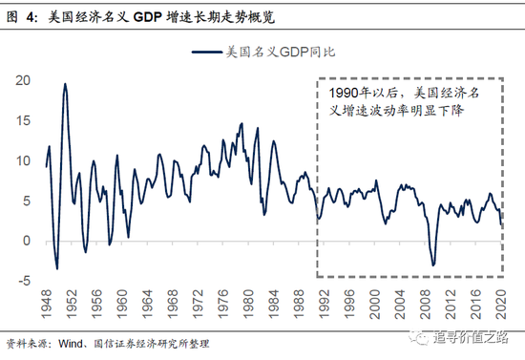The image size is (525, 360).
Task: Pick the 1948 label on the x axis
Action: coord(47,310)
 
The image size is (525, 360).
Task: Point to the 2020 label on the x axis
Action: coord(498,310)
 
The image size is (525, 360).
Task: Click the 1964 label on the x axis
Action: coord(147,310)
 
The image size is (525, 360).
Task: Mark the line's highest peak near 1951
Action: coord(65,84)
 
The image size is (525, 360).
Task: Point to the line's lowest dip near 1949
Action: coord(56,268)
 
